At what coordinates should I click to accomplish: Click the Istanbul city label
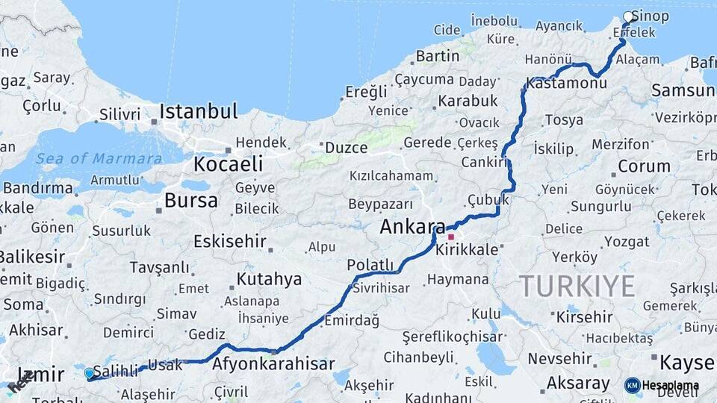tap(199, 112)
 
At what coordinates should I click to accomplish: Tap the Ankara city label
tap(412, 227)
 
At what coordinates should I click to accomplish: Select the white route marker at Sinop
tap(628, 16)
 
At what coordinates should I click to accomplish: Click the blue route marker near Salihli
tap(90, 373)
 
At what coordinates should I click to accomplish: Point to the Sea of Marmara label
tap(99, 158)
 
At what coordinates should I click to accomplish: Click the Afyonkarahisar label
tap(273, 364)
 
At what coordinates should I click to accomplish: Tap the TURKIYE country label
tap(577, 286)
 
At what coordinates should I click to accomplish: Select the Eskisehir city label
tap(229, 241)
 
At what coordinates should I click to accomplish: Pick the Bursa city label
tap(191, 200)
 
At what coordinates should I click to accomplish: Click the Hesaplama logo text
tap(671, 386)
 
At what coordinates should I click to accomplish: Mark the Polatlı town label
tap(370, 265)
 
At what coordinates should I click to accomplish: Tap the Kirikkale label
tap(467, 250)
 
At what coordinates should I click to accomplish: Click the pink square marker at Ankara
tap(451, 237)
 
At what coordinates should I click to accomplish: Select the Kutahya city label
tap(269, 279)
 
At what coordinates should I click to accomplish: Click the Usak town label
tap(165, 366)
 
